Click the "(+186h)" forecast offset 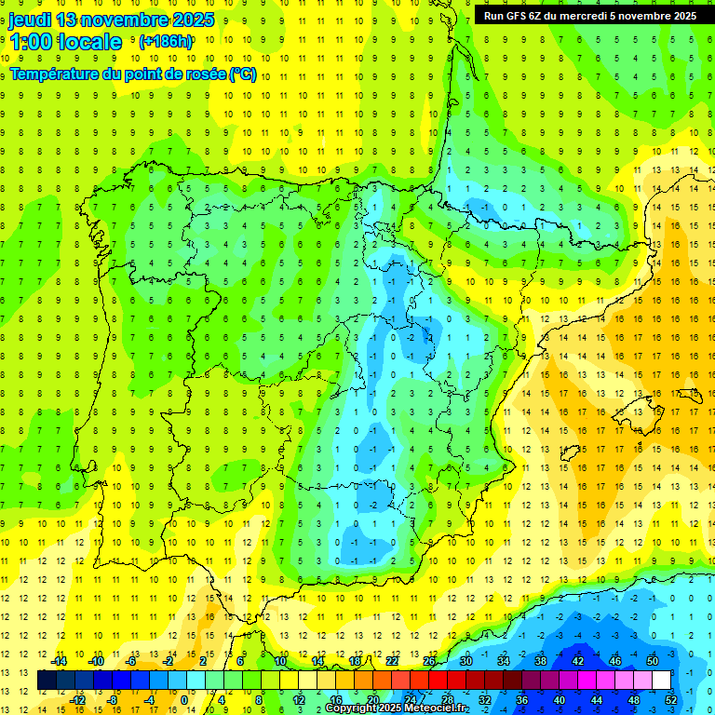click(x=166, y=42)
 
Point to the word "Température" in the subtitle click(x=57, y=74)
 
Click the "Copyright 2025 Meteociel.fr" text click(x=396, y=708)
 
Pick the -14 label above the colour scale click(x=59, y=661)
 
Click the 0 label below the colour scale click(x=183, y=700)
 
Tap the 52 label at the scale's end click(x=671, y=700)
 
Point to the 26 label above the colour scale click(x=428, y=661)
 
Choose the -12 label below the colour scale click(x=77, y=700)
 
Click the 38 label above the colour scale click(x=540, y=661)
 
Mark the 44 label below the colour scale click(x=597, y=700)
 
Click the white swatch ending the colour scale click(x=661, y=681)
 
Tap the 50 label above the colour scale click(x=653, y=661)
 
